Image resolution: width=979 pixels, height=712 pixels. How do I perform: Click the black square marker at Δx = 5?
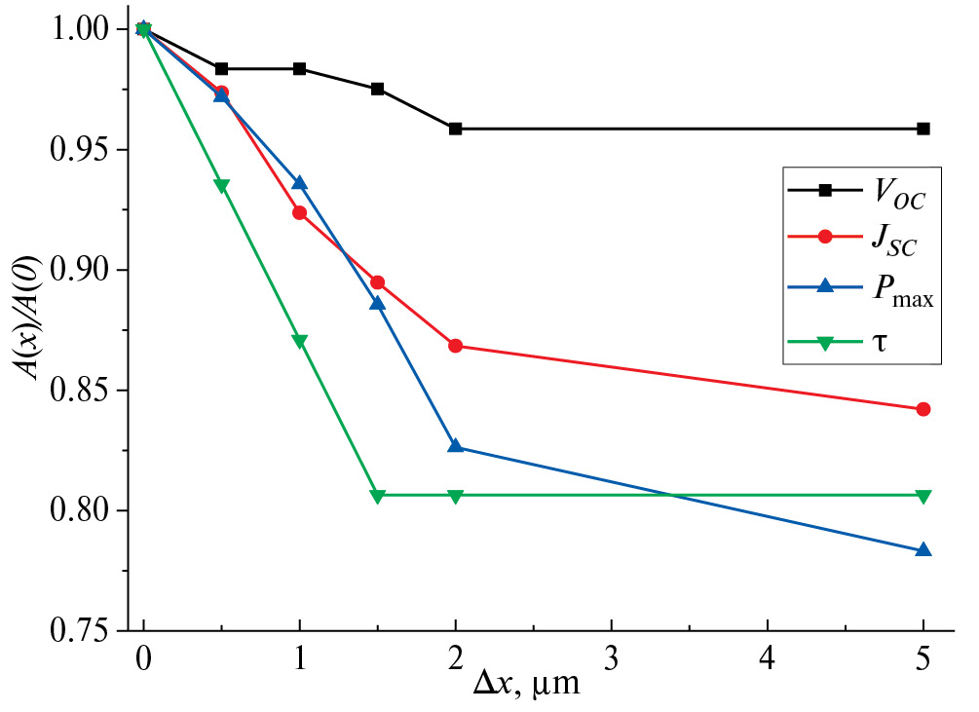click(x=923, y=129)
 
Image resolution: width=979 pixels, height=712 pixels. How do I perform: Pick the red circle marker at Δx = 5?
click(x=923, y=409)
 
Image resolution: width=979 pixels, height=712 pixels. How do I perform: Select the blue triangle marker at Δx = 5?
click(x=923, y=550)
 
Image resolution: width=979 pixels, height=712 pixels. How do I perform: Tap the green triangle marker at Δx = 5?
click(x=923, y=496)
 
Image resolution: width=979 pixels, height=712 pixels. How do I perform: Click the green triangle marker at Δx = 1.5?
click(x=378, y=496)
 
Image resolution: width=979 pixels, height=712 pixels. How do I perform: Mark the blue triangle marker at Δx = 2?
click(x=456, y=446)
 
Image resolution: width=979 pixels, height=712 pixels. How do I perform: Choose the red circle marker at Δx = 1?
click(x=300, y=212)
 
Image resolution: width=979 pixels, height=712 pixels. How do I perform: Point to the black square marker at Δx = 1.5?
click(x=378, y=89)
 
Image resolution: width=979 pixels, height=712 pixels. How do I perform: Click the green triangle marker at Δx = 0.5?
click(x=222, y=186)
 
